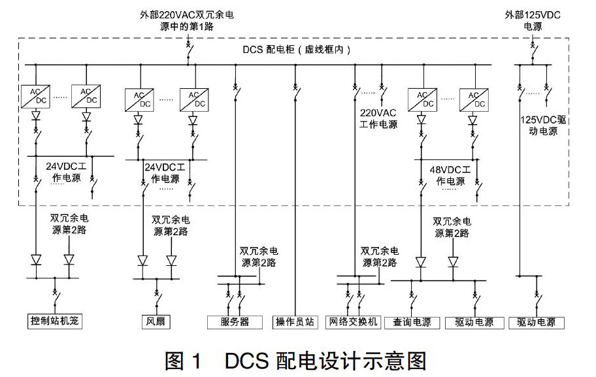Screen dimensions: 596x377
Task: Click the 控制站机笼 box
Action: (55, 321)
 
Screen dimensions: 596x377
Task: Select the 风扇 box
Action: (156, 321)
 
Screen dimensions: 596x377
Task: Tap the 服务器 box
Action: (235, 322)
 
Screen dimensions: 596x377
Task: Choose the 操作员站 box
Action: (295, 322)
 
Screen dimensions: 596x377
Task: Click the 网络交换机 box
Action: (353, 322)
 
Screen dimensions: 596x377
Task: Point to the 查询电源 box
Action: (412, 322)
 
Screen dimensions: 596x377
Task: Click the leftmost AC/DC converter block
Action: (35, 96)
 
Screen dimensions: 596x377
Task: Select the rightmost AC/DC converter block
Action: (474, 100)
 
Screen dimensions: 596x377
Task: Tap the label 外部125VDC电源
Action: (533, 20)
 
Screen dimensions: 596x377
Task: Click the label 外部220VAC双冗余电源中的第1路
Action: (187, 20)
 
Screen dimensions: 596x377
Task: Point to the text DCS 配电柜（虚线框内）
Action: (297, 50)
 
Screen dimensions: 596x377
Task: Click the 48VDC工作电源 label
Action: (450, 175)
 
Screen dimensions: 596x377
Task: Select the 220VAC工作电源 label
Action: (378, 118)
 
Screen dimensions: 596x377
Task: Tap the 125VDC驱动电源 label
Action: (543, 125)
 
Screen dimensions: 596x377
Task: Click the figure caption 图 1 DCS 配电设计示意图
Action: (296, 361)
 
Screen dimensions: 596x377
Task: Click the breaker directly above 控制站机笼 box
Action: (56, 299)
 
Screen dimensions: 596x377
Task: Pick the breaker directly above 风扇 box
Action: (157, 299)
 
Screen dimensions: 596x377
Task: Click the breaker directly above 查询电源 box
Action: (412, 301)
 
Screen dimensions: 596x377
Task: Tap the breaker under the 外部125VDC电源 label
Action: (533, 52)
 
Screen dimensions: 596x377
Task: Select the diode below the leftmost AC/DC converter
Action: (36, 115)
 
